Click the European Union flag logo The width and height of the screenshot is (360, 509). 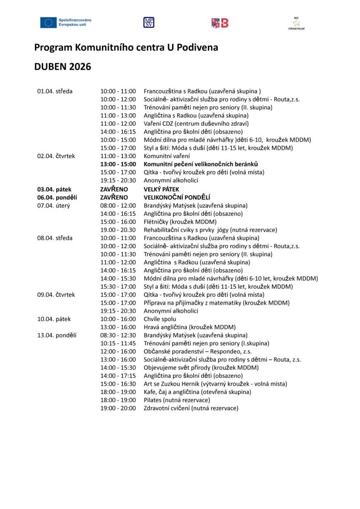click(49, 22)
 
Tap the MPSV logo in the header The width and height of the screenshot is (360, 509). click(149, 22)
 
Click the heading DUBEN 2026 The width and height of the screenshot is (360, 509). click(63, 67)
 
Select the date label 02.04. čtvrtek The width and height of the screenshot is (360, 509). click(56, 156)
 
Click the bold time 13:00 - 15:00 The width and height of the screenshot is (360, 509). click(118, 164)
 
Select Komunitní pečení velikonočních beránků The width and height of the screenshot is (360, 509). click(201, 164)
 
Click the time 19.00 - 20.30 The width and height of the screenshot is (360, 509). click(118, 230)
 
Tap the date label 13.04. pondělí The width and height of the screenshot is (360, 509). click(57, 335)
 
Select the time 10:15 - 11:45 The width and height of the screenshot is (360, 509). click(118, 343)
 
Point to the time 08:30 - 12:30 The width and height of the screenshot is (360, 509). click(118, 335)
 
